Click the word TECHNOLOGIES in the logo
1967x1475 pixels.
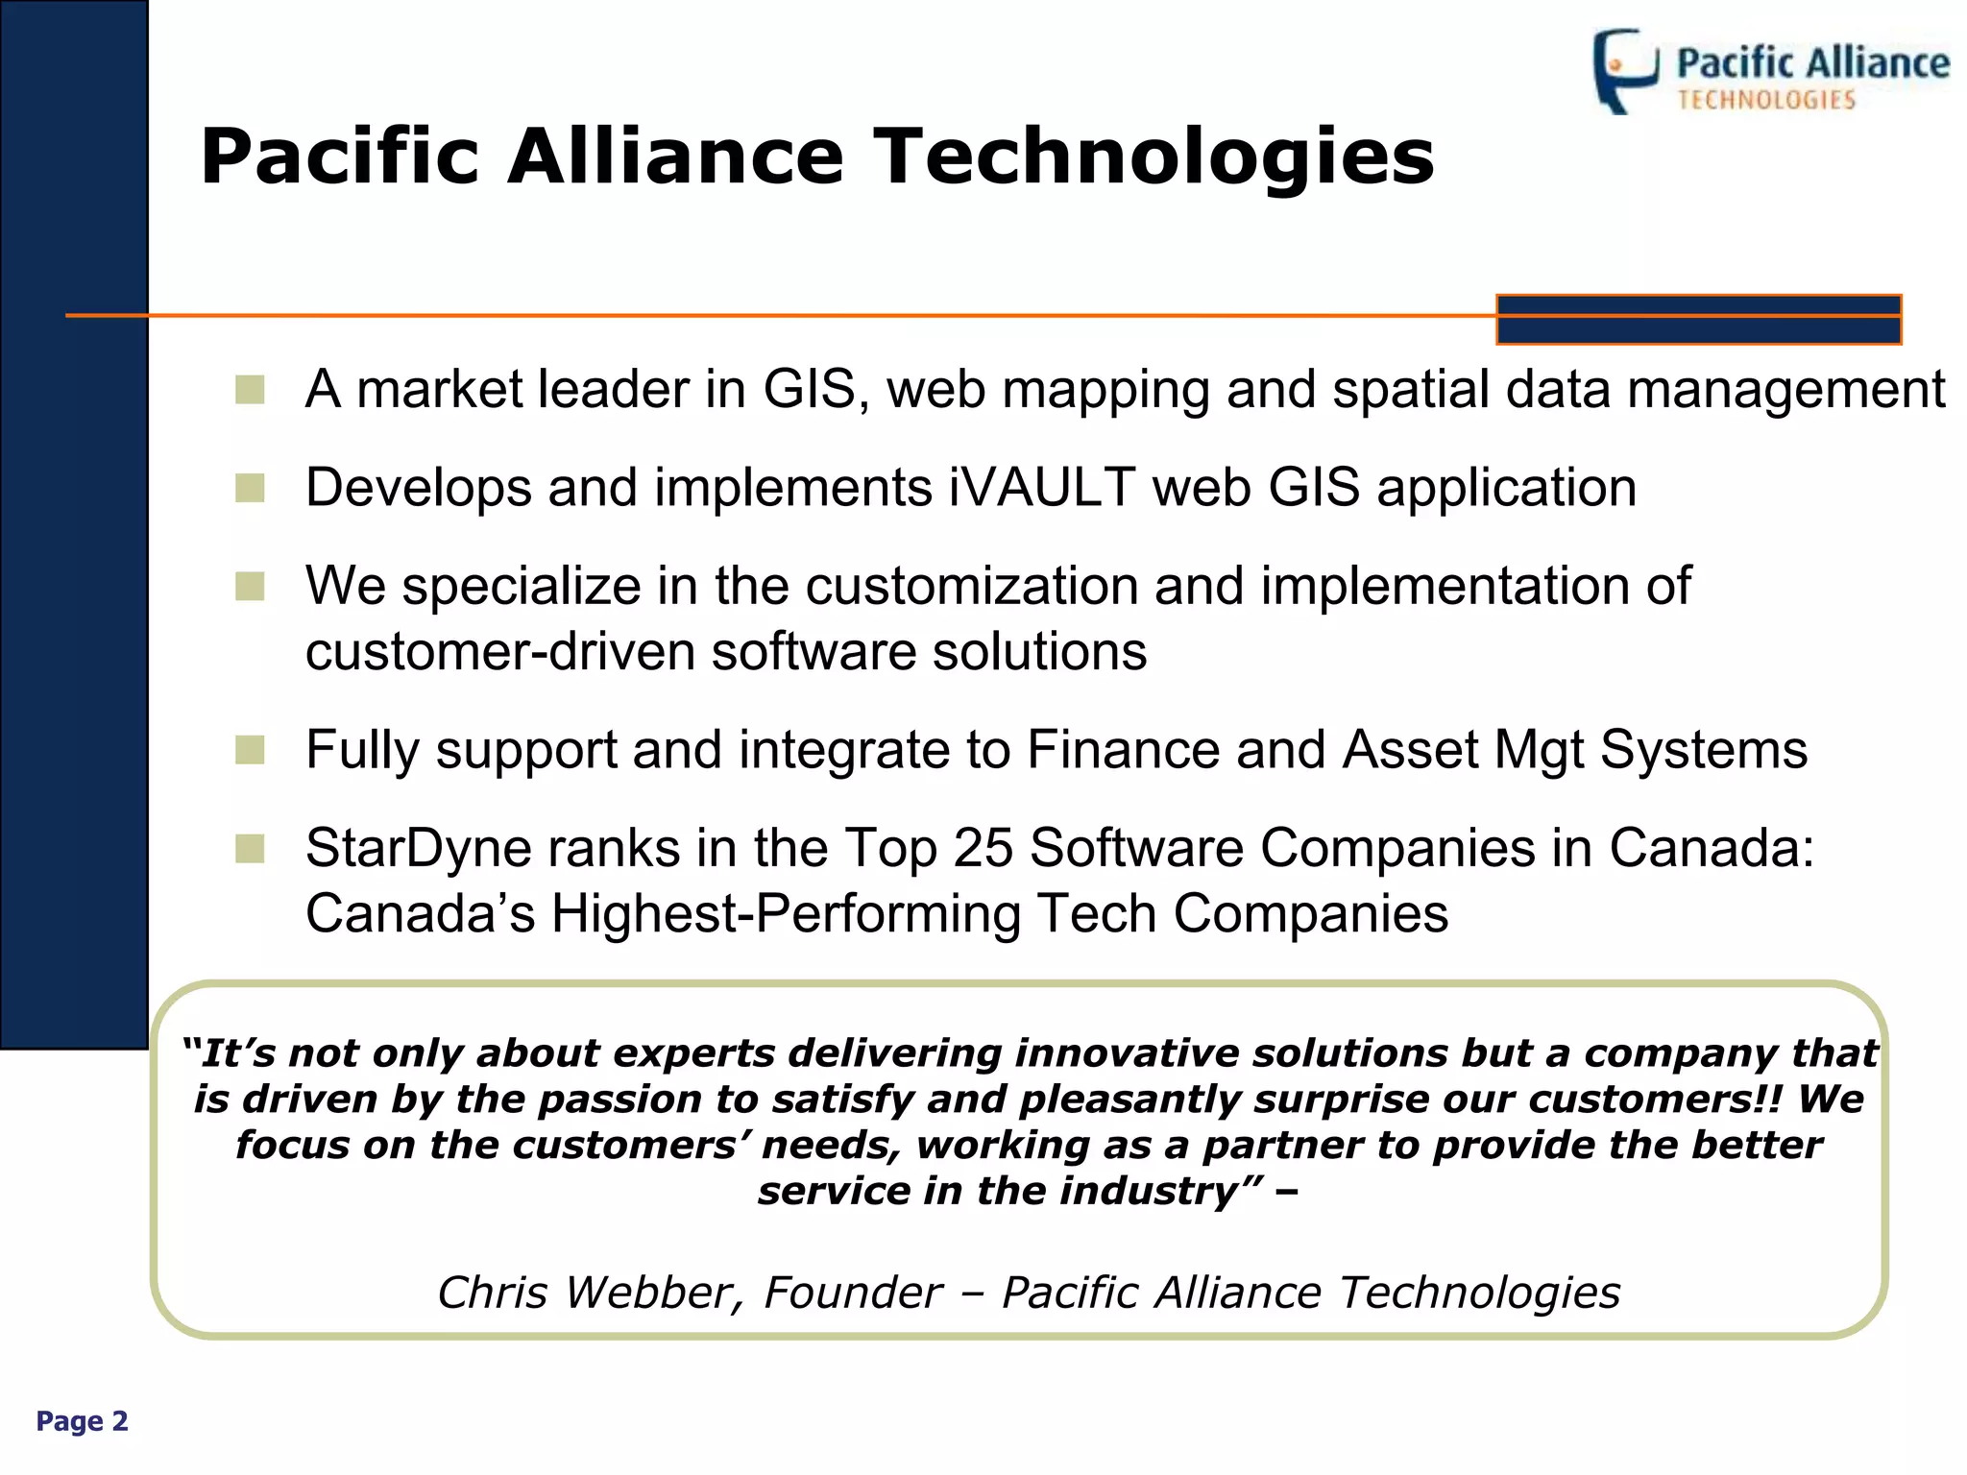click(1766, 100)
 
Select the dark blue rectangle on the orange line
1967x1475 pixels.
click(1698, 320)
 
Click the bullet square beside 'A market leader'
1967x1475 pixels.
click(250, 390)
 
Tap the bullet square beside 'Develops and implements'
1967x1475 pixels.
click(250, 488)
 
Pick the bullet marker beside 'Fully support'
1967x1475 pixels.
click(250, 750)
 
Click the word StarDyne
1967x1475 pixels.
click(419, 848)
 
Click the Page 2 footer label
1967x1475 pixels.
click(82, 1421)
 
